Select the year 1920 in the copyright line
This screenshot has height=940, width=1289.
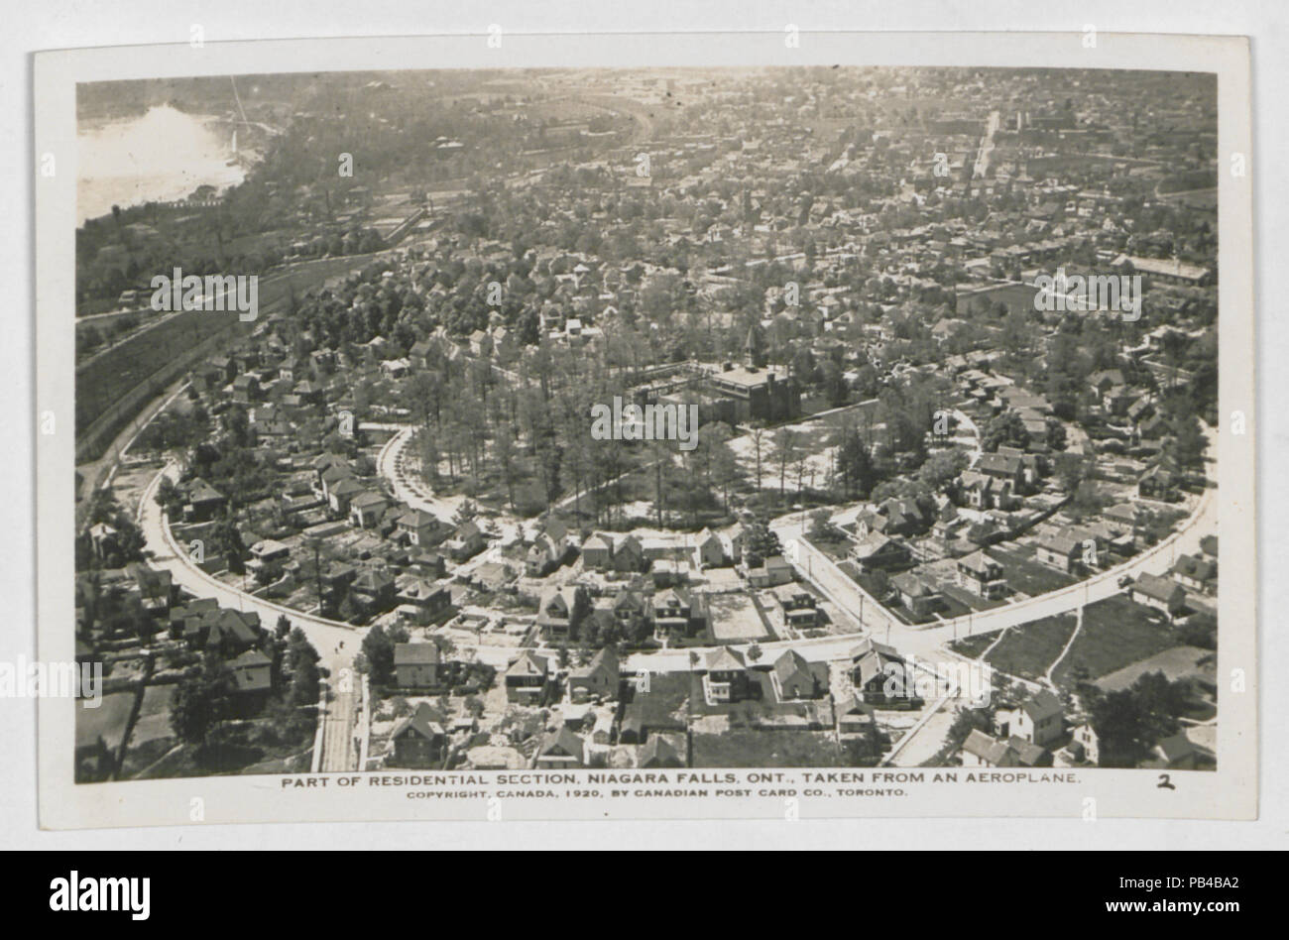click(x=567, y=795)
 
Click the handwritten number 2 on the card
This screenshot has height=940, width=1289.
click(x=1166, y=783)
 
